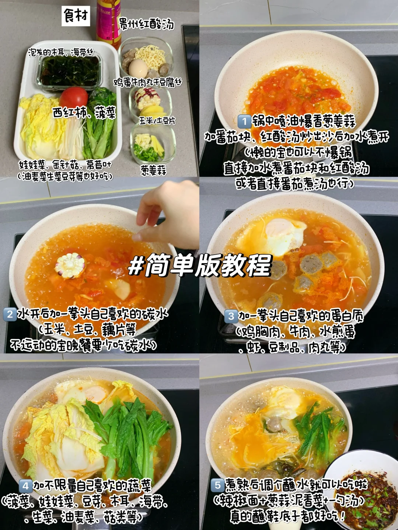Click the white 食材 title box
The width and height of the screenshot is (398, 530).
(x=76, y=16)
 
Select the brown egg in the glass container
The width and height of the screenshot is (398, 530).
(x=138, y=68)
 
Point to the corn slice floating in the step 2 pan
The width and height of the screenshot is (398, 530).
(x=70, y=266)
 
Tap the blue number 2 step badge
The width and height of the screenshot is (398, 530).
(x=10, y=314)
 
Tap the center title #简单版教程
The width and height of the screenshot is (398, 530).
(x=200, y=265)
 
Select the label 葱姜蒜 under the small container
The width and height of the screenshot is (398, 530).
(x=154, y=171)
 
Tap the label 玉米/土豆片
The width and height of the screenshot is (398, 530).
(x=157, y=121)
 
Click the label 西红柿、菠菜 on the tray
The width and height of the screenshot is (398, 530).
(x=84, y=113)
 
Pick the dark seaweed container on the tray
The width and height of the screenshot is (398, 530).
(x=69, y=71)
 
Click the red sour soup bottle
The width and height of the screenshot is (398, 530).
(x=108, y=23)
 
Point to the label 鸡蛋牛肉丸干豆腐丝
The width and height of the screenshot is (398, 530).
(x=148, y=83)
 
